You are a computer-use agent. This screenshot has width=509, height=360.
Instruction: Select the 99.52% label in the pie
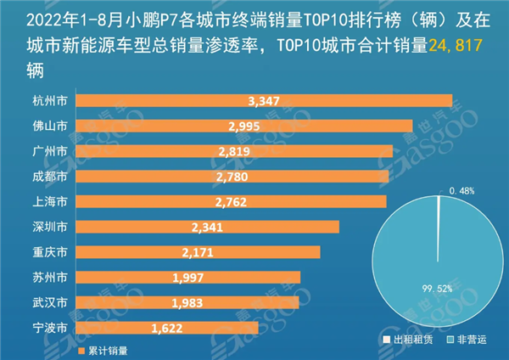pos(433,289)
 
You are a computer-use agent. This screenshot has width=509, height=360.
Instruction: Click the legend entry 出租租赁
pos(405,340)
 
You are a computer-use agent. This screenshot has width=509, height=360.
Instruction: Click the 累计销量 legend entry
pos(106,349)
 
